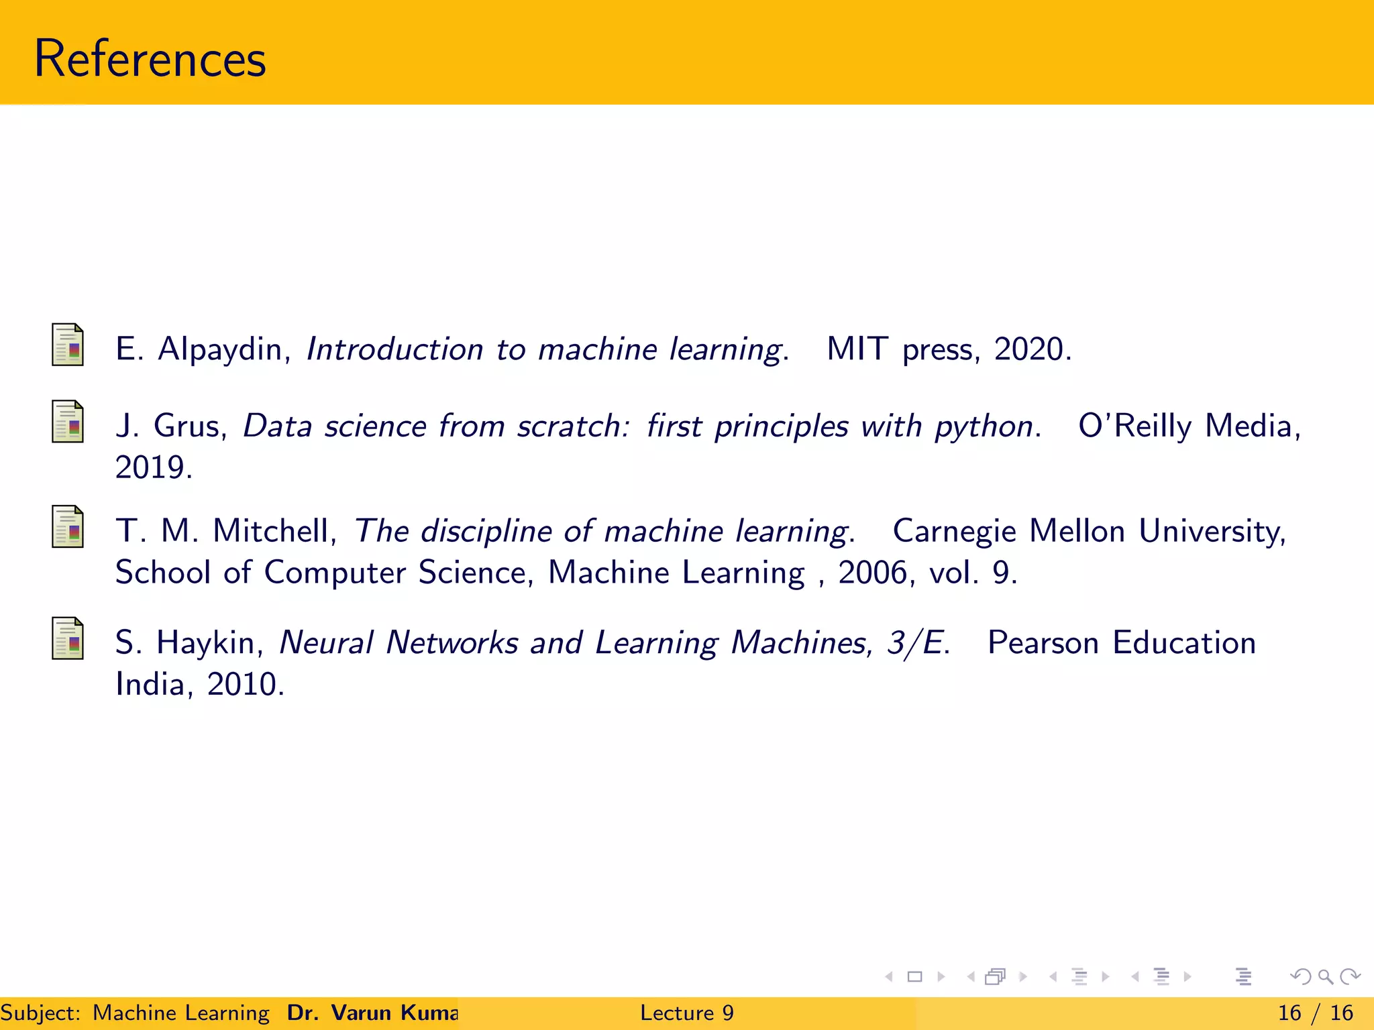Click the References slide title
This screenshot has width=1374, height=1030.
pyautogui.click(x=150, y=59)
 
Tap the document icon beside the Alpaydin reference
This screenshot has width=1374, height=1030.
pyautogui.click(x=68, y=345)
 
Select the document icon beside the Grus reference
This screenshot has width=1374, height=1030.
pyautogui.click(x=68, y=422)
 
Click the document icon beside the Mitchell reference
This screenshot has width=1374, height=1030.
pyautogui.click(x=68, y=526)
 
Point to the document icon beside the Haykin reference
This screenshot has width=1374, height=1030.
pyautogui.click(x=68, y=638)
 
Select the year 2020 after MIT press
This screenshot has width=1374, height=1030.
pyautogui.click(x=1029, y=349)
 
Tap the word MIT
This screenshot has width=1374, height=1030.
pyautogui.click(x=857, y=349)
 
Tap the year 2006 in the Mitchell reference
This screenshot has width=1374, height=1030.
pyautogui.click(x=873, y=573)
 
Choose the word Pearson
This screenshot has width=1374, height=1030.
pyautogui.click(x=1043, y=643)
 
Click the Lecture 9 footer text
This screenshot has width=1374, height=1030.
pyautogui.click(x=686, y=1013)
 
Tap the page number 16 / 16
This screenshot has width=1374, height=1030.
pyautogui.click(x=1315, y=1013)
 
